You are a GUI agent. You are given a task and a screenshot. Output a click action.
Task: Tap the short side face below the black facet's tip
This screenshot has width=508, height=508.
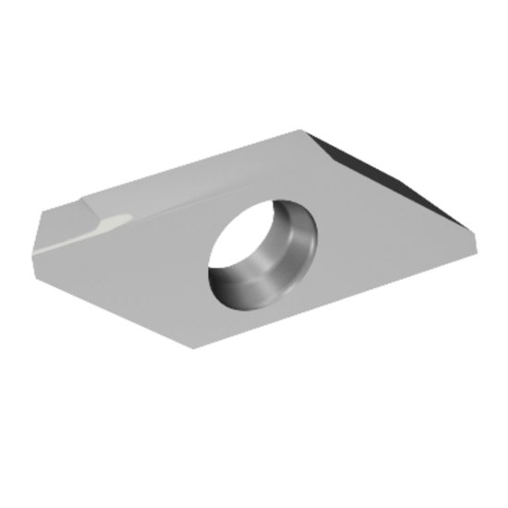[x=471, y=242]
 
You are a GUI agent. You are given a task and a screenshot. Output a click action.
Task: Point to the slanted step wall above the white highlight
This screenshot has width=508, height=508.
[x=102, y=210]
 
